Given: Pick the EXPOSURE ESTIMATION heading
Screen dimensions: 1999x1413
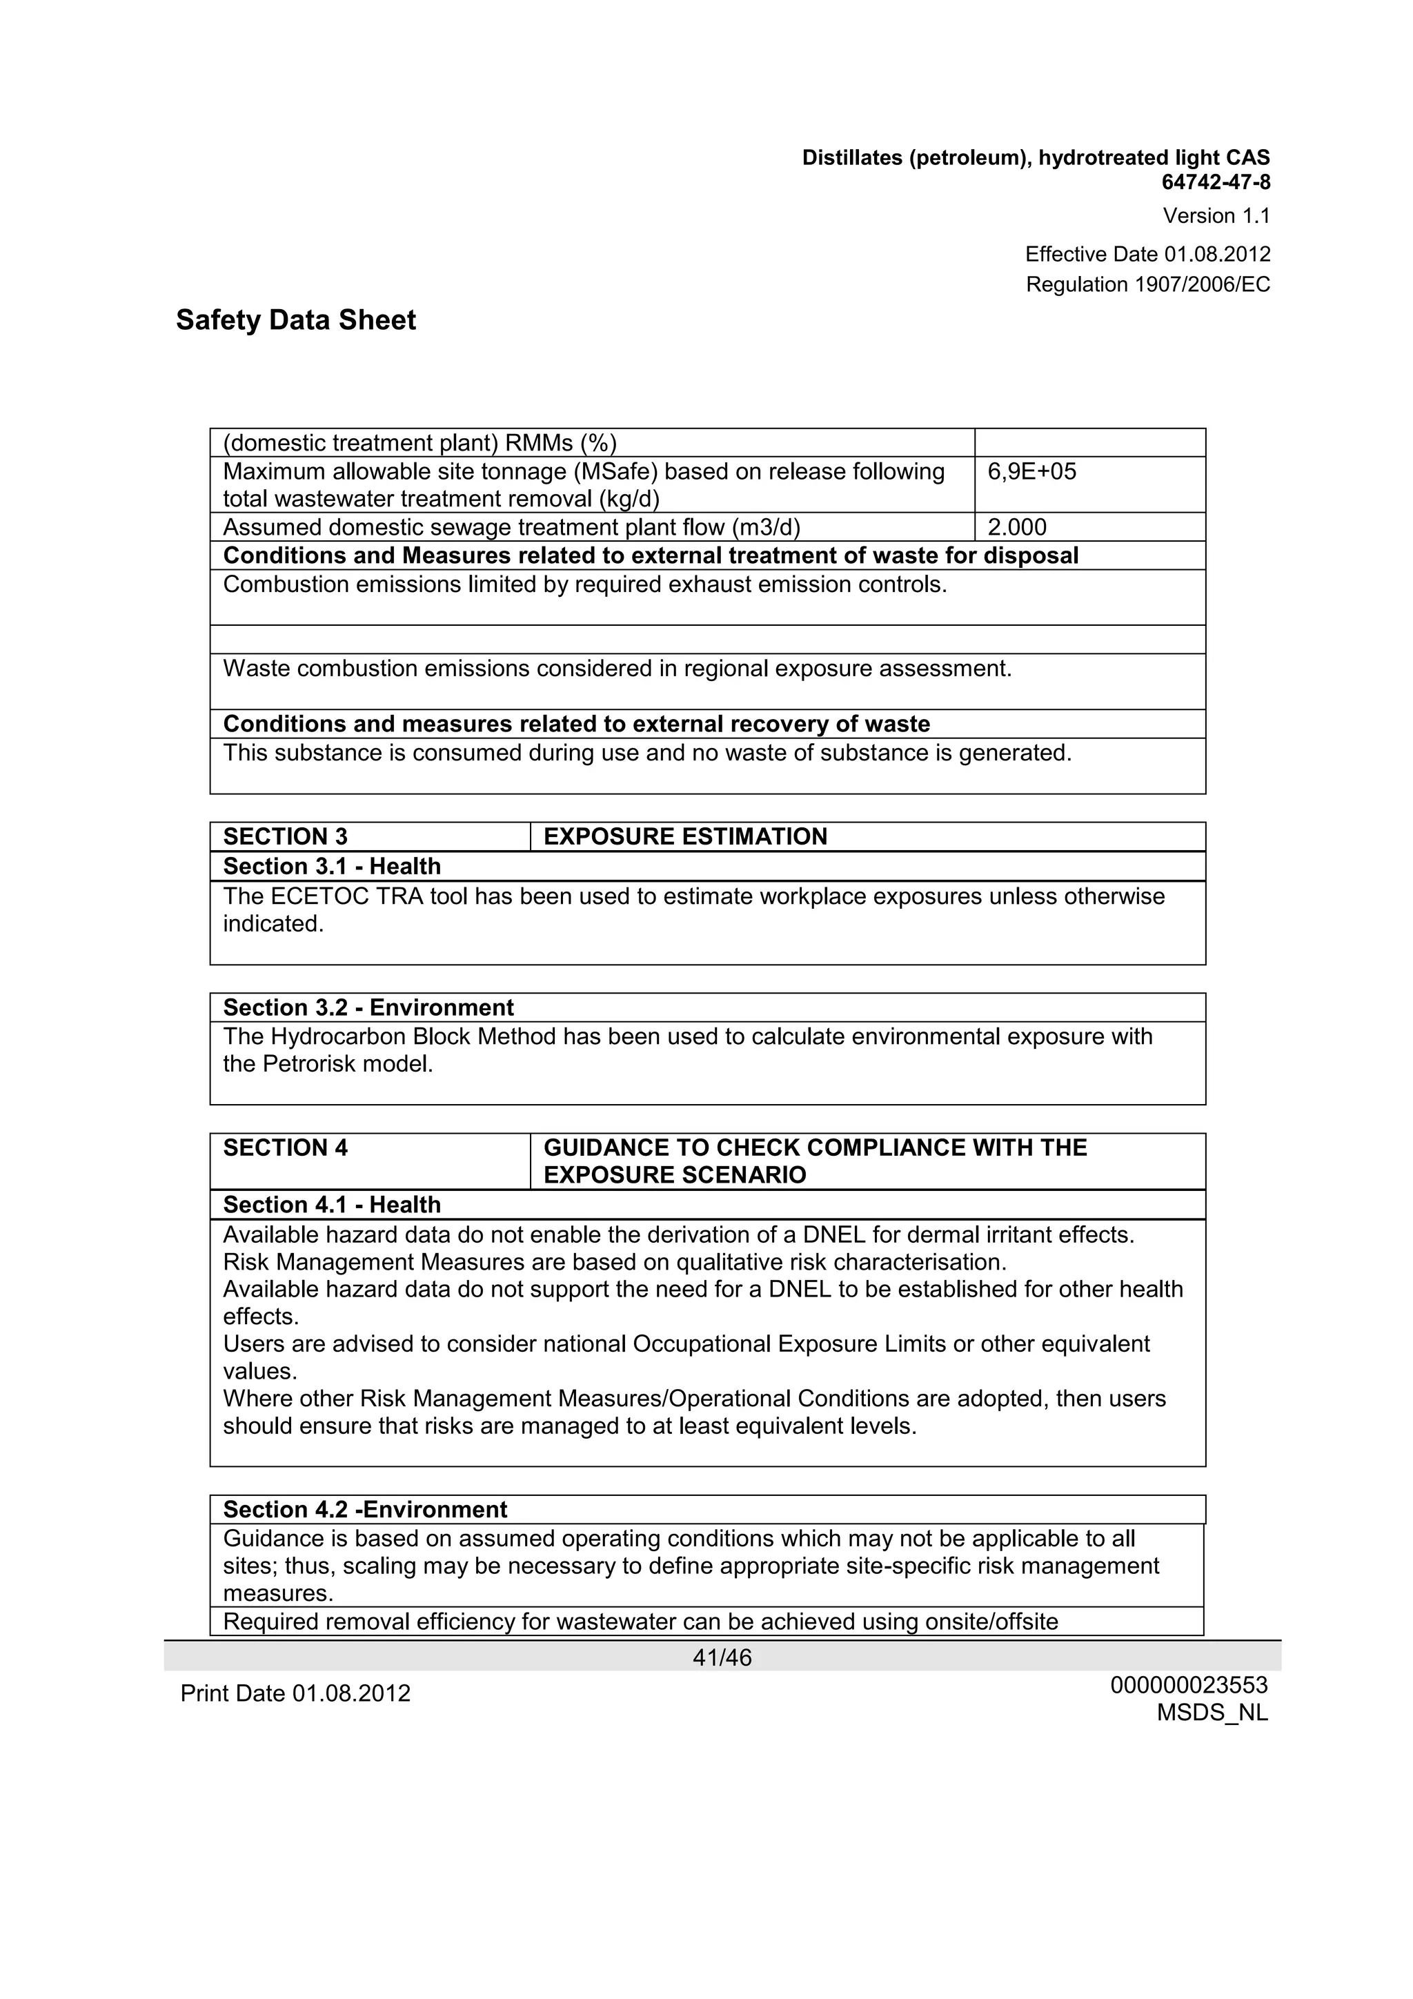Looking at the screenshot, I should (x=685, y=837).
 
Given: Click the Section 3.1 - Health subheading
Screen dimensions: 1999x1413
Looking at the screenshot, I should (x=332, y=866).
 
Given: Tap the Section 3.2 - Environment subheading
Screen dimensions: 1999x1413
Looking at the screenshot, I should (x=368, y=1007).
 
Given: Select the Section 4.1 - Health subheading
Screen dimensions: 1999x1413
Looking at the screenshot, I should (x=332, y=1205).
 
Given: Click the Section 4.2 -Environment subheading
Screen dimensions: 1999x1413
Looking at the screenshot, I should (x=365, y=1509).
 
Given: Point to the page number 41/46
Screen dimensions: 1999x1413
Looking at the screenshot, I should (x=722, y=1657).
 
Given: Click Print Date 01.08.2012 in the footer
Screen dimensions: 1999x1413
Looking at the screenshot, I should (x=295, y=1693).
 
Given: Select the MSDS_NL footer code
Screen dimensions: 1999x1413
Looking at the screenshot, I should (x=1212, y=1713).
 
